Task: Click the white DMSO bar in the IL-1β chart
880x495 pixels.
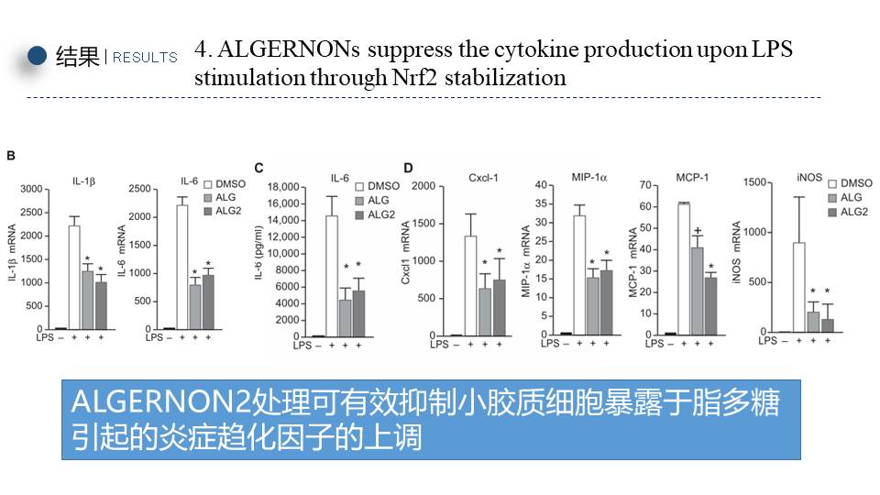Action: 73,277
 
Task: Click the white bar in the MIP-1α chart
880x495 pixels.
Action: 579,275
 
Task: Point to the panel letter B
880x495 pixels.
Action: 11,156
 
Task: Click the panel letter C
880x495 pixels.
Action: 258,167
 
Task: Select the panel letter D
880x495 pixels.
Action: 408,167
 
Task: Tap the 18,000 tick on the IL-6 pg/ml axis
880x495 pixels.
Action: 292,186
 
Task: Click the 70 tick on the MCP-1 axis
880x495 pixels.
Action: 645,185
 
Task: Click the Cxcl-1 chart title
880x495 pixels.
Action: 483,177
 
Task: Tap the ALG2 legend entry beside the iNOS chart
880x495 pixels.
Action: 855,212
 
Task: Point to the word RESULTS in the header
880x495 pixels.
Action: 145,57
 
